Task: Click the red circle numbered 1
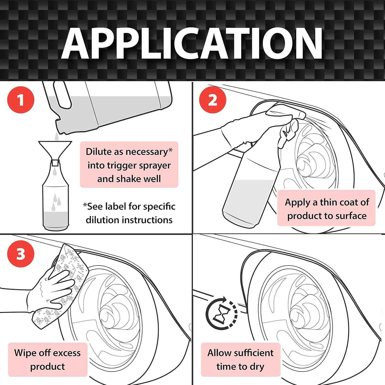click(x=21, y=100)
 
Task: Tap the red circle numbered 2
click(x=213, y=100)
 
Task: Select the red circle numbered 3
click(x=21, y=254)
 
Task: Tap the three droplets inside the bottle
click(x=56, y=202)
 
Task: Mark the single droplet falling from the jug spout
click(x=57, y=136)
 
